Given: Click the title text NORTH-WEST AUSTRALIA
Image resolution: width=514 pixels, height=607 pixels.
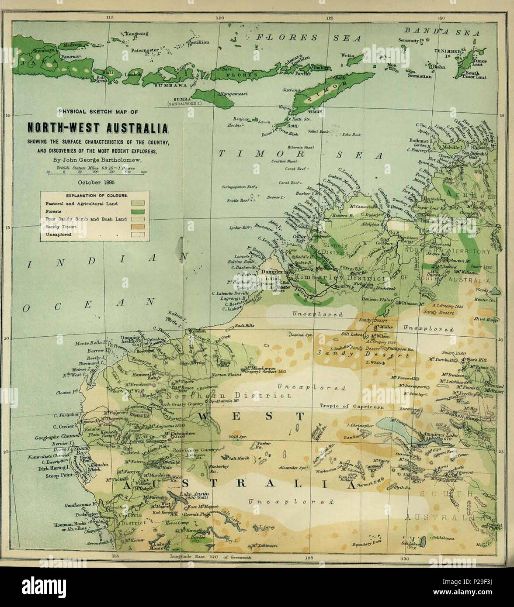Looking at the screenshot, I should point(97,128).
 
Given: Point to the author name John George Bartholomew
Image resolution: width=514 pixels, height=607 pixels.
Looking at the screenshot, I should point(97,159).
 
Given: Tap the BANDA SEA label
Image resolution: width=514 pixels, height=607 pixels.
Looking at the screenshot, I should point(441,32).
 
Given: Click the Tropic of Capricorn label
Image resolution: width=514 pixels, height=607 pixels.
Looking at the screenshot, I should point(351,406).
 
